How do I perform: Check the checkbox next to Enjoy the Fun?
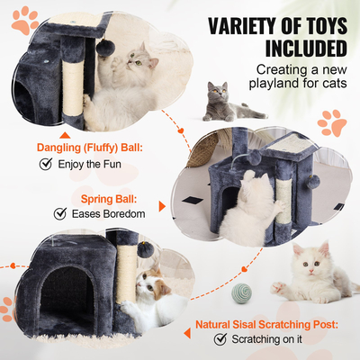tap(45, 164)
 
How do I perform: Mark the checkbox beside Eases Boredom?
tap(61, 213)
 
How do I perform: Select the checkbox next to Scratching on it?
tap(220, 339)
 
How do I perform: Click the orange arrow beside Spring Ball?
tap(161, 206)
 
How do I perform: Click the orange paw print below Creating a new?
tap(333, 121)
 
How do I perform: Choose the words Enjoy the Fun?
tap(88, 164)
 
